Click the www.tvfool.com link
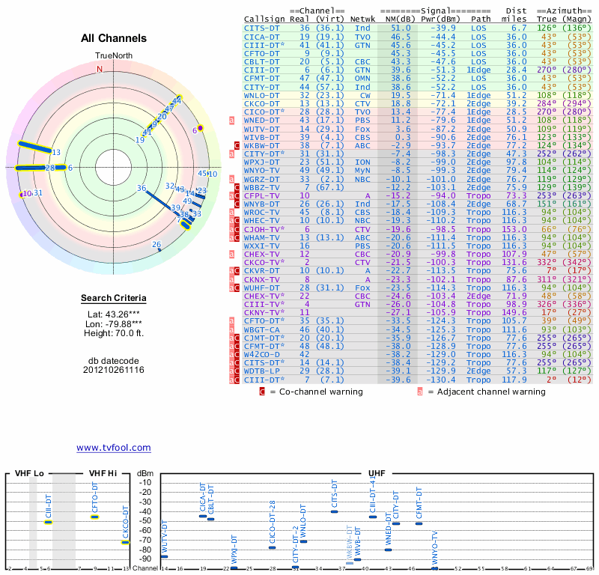113,448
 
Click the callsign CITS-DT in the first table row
263,27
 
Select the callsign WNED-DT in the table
263,120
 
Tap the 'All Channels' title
113,38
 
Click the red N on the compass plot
99,70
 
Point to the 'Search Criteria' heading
114,299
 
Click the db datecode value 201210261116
114,370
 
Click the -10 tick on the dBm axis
145,483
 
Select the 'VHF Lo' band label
29,474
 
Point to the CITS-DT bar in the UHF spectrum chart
335,511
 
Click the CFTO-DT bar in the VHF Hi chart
95,517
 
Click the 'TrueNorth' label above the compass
113,56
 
